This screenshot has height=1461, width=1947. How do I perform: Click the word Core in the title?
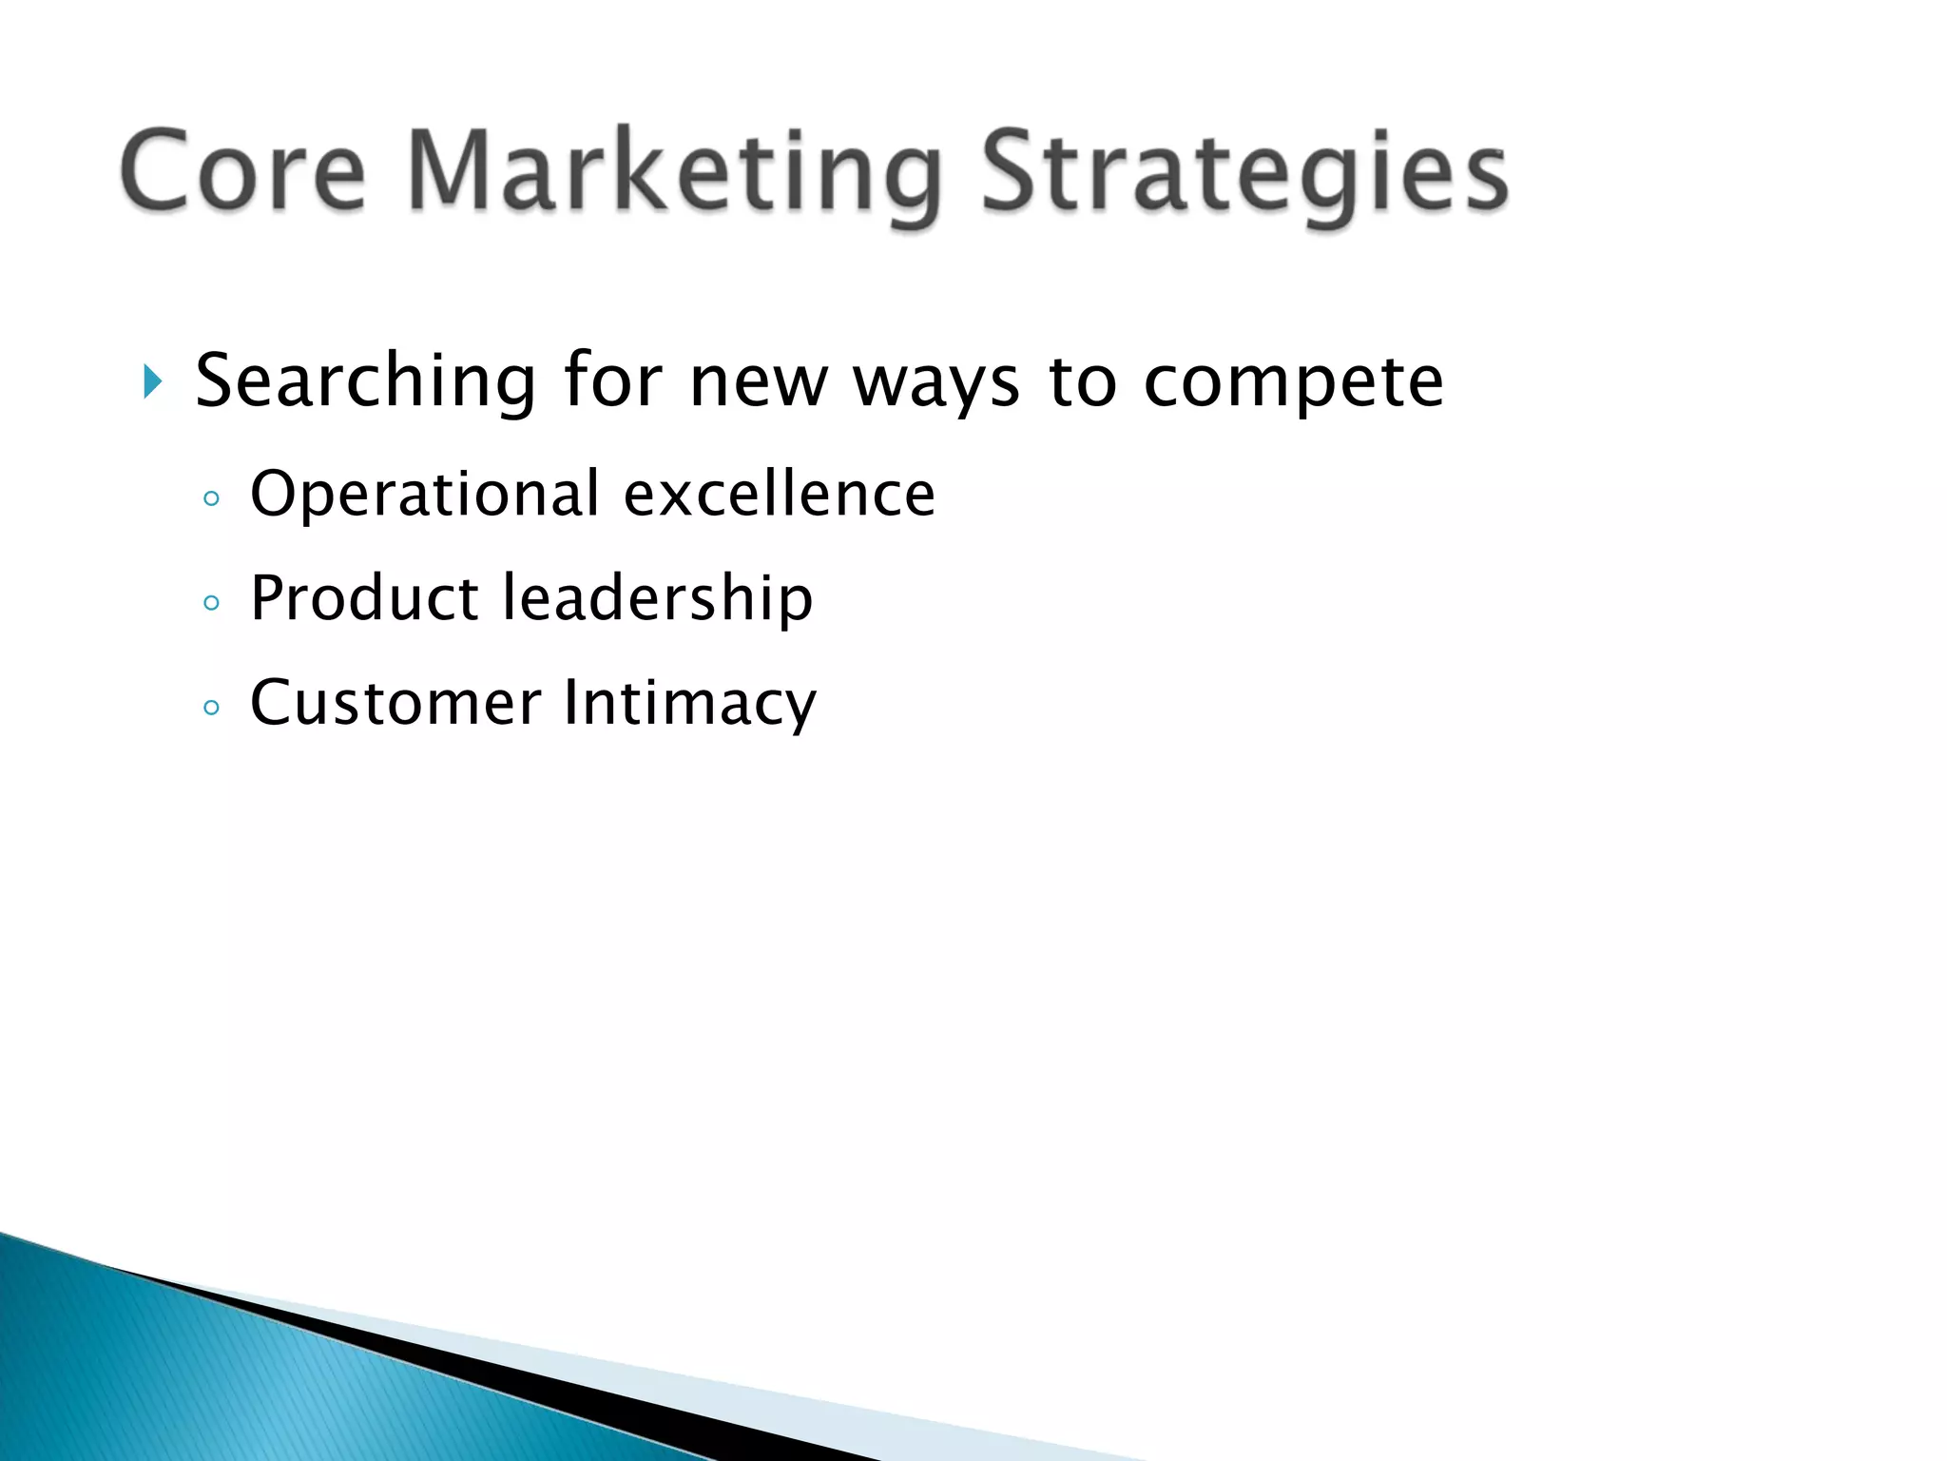[x=242, y=171]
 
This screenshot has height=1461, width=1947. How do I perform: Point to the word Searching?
[x=366, y=381]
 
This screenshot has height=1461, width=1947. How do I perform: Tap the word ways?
[x=936, y=383]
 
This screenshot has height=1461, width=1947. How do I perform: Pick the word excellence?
[x=780, y=495]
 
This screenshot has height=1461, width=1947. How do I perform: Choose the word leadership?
[x=657, y=598]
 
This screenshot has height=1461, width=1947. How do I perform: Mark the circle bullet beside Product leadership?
[x=212, y=603]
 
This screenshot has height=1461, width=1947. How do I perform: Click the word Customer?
[x=395, y=703]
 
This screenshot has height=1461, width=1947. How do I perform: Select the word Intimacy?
[x=689, y=703]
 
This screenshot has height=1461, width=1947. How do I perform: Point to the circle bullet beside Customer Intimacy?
[x=212, y=708]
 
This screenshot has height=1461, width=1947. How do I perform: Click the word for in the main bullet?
[x=612, y=381]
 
